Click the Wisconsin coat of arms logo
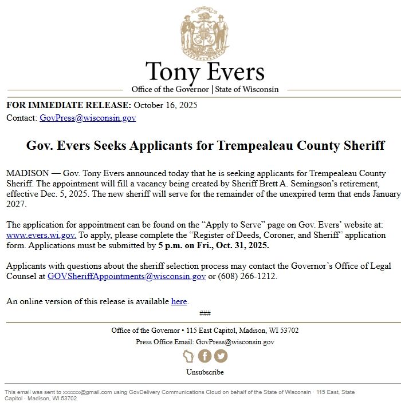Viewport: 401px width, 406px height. tap(205, 31)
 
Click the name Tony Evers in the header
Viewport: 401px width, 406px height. tap(205, 72)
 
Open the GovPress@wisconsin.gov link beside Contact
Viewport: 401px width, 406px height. tap(88, 118)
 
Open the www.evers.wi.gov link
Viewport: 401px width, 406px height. tap(41, 235)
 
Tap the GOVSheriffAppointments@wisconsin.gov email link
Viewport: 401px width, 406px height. tap(127, 276)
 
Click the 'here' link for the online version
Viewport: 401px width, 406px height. tap(179, 301)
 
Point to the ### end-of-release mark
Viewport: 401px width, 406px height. tap(205, 313)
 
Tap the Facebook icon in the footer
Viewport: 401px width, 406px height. tap(205, 356)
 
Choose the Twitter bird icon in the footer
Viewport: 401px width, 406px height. tap(221, 356)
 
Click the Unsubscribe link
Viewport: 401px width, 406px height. tap(205, 372)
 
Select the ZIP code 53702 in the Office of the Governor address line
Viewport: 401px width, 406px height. tap(289, 331)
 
